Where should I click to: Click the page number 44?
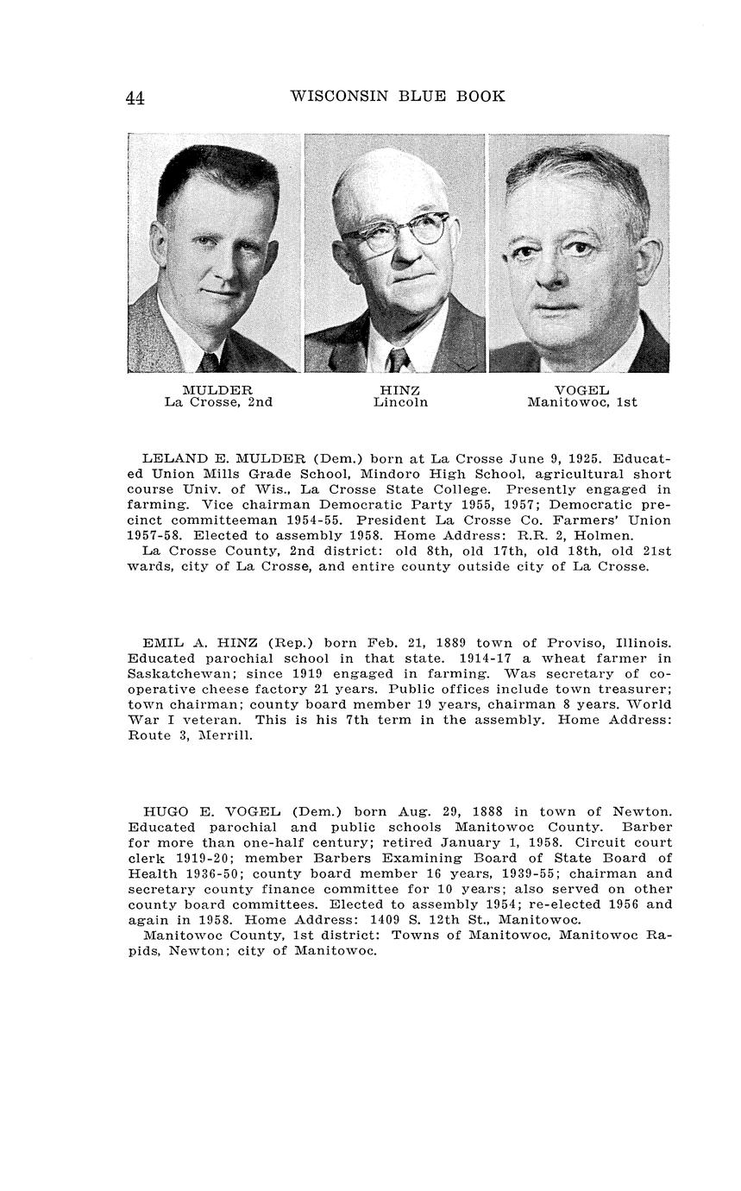[x=135, y=98]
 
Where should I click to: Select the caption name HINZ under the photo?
[x=399, y=390]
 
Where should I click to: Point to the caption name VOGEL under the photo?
[x=581, y=390]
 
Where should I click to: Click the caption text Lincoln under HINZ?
[x=400, y=402]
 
